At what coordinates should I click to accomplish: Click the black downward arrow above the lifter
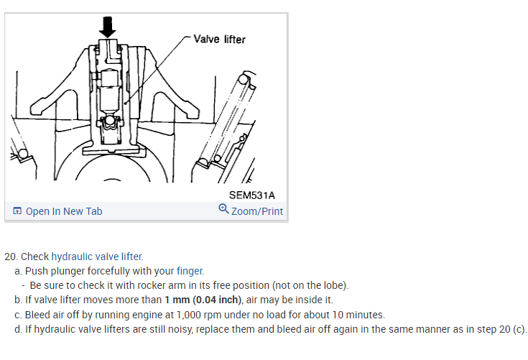coord(107,27)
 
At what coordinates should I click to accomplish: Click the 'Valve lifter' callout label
coord(219,39)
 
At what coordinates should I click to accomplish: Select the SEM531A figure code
coord(251,195)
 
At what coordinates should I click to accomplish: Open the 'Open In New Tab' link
coord(63,211)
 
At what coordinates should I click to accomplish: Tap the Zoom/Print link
coord(257,211)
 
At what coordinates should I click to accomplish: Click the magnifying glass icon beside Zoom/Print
coord(223,210)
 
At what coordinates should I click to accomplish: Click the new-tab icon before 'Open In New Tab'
coord(17,211)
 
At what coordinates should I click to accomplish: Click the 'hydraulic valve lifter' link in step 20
coord(97,257)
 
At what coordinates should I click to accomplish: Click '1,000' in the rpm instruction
coord(191,315)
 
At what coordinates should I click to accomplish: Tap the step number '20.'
coord(11,257)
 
